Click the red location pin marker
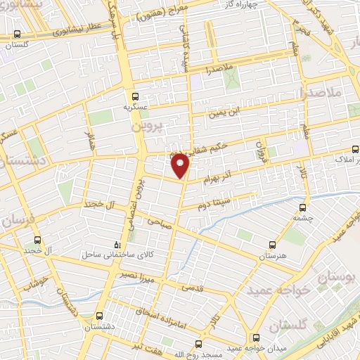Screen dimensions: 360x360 (180, 166)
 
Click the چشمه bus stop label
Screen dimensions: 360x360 (303, 217)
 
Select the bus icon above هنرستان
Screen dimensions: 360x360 (272, 245)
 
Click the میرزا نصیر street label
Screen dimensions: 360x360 (134, 273)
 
